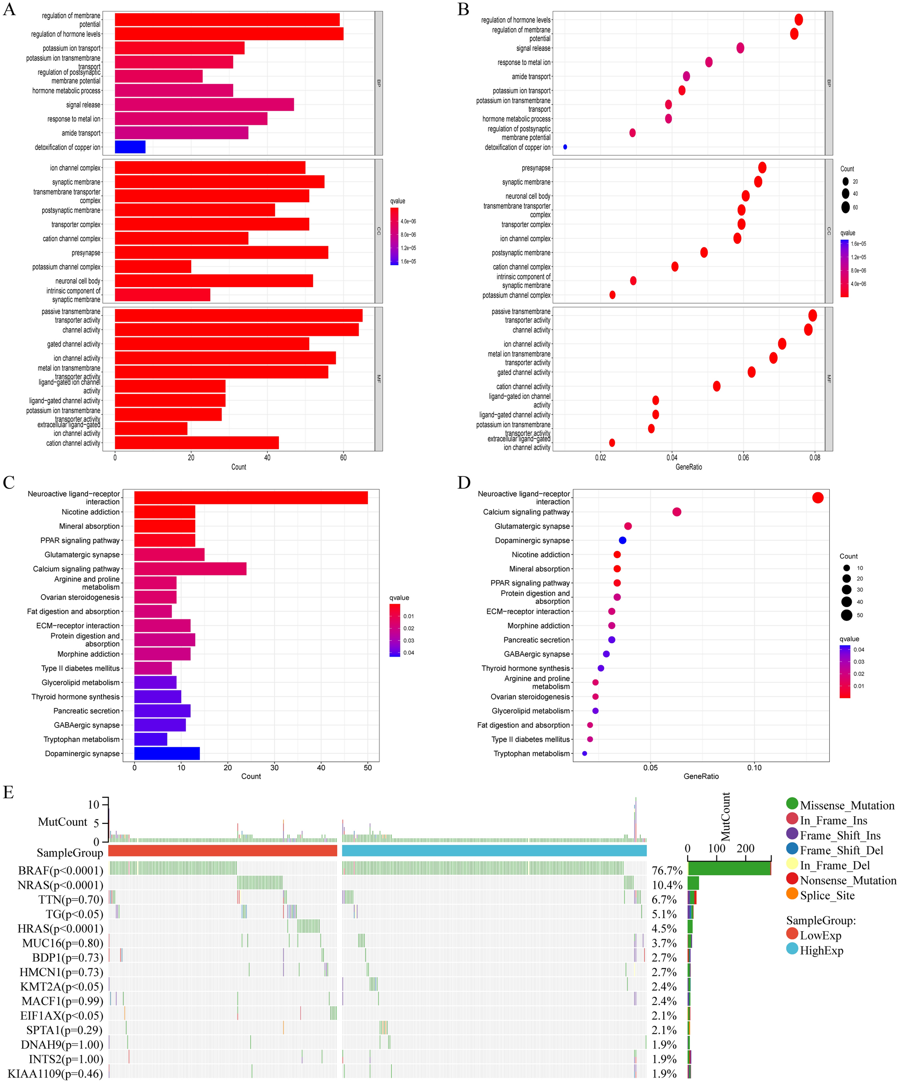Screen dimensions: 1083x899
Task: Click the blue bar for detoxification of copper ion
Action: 130,147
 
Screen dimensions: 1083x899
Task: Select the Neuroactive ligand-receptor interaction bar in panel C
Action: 251,497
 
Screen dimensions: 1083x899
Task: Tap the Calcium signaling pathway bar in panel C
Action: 190,569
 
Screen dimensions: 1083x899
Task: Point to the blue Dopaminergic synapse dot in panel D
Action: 622,540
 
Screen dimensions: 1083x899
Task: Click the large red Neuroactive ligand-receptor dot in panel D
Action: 817,497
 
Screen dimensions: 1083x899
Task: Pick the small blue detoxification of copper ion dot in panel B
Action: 565,147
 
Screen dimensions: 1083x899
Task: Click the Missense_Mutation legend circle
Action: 792,803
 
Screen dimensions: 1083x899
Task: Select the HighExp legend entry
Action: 821,950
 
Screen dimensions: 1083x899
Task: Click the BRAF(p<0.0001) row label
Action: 61,871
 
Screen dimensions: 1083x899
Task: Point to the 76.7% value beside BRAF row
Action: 667,871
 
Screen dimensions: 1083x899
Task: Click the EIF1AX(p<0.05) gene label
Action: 61,1016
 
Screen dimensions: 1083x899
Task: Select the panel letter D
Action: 464,483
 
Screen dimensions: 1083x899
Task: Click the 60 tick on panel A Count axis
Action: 344,458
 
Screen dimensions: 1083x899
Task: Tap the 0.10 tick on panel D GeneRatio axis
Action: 754,768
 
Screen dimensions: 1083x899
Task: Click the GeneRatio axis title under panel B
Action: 688,467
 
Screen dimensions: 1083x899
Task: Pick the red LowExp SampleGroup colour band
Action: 222,851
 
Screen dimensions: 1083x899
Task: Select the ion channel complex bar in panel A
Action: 210,168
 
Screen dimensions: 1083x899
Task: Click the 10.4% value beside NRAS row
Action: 667,885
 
